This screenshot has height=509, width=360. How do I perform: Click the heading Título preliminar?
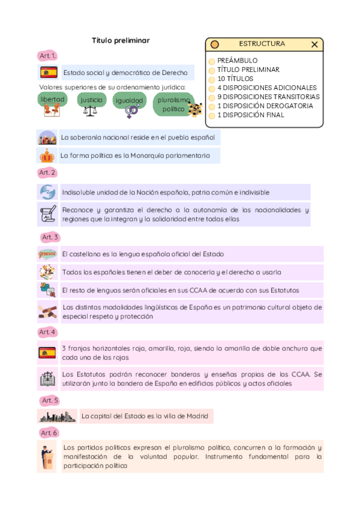pyautogui.click(x=121, y=40)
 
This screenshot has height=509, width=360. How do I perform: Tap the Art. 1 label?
pyautogui.click(x=47, y=56)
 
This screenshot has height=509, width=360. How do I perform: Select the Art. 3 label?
pyautogui.click(x=50, y=237)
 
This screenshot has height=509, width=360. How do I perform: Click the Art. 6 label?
pyautogui.click(x=49, y=433)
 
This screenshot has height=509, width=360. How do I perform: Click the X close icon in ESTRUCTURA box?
pyautogui.click(x=314, y=44)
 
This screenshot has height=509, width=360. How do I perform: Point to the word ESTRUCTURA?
pyautogui.click(x=262, y=44)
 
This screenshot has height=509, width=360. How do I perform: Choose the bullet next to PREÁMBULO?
pyautogui.click(x=212, y=61)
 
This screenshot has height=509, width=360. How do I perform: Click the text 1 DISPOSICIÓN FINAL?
pyautogui.click(x=251, y=115)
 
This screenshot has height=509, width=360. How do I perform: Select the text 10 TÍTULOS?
pyautogui.click(x=235, y=79)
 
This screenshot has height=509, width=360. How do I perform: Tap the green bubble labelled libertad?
pyautogui.click(x=52, y=98)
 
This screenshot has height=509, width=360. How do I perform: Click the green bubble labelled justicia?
pyautogui.click(x=92, y=100)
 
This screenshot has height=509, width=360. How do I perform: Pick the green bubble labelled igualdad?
pyautogui.click(x=130, y=100)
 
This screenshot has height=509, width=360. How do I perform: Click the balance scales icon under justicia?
pyautogui.click(x=90, y=110)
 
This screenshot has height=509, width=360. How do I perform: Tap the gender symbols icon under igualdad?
pyautogui.click(x=131, y=111)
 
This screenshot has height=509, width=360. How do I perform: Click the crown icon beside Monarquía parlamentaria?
pyautogui.click(x=47, y=156)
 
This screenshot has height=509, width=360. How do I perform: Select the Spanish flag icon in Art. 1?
pyautogui.click(x=48, y=73)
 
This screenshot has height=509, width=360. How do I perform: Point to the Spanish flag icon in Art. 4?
pyautogui.click(x=47, y=352)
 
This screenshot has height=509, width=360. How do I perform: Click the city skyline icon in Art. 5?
pyautogui.click(x=57, y=416)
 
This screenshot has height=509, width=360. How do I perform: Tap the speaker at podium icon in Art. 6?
pyautogui.click(x=47, y=456)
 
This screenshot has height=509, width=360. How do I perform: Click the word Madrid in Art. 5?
pyautogui.click(x=197, y=416)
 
